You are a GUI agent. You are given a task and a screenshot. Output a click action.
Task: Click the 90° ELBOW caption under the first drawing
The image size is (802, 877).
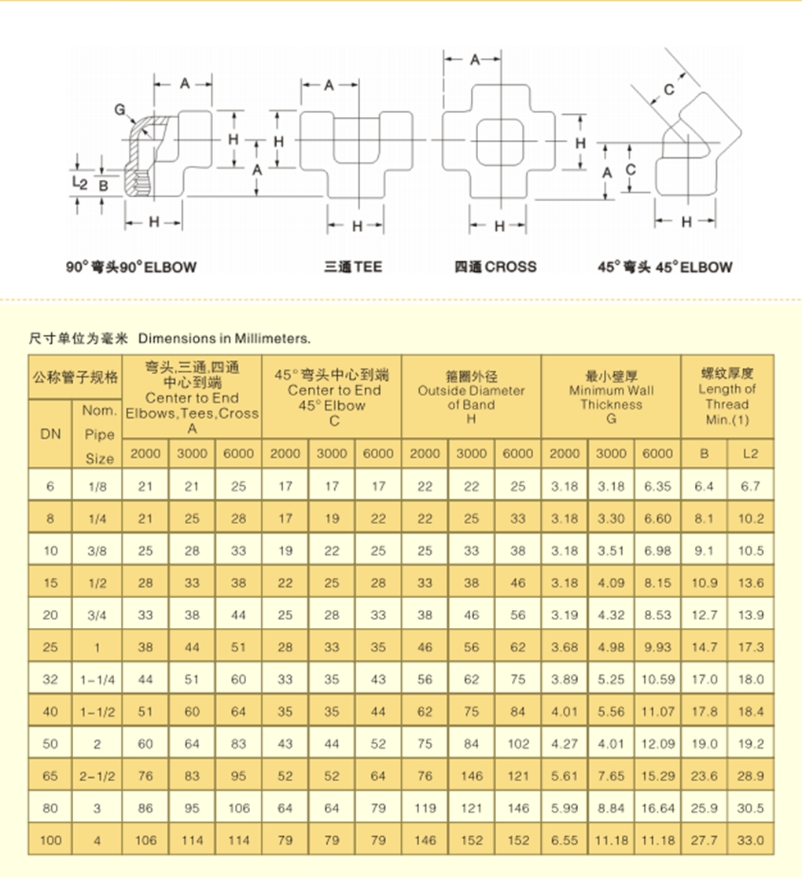pyautogui.click(x=131, y=267)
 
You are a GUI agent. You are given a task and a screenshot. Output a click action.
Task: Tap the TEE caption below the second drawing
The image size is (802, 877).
pyautogui.click(x=353, y=267)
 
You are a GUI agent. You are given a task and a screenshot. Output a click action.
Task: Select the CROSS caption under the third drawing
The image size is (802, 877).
pyautogui.click(x=495, y=267)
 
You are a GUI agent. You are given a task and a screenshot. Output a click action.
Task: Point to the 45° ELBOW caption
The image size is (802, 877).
pyautogui.click(x=664, y=267)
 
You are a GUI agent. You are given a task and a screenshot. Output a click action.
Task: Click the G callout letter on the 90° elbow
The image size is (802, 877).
pyautogui.click(x=120, y=110)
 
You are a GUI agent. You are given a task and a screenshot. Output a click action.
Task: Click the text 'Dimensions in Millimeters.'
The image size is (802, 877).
pyautogui.click(x=225, y=339)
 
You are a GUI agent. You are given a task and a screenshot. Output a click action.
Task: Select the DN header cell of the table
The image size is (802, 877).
pyautogui.click(x=51, y=433)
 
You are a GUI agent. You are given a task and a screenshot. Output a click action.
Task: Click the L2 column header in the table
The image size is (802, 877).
pyautogui.click(x=750, y=453)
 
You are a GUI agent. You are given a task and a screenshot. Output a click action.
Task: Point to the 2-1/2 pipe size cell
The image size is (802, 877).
pyautogui.click(x=97, y=776)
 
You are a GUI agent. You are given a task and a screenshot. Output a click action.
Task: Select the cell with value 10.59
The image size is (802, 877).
pyautogui.click(x=657, y=680)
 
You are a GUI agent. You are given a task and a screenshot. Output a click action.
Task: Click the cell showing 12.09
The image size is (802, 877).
pyautogui.click(x=657, y=744)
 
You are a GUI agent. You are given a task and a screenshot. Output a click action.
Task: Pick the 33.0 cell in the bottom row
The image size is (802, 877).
pyautogui.click(x=750, y=840)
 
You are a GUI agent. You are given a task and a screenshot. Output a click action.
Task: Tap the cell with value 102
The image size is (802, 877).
pyautogui.click(x=518, y=744)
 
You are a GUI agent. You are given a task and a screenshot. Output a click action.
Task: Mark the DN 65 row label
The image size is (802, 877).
pyautogui.click(x=51, y=776)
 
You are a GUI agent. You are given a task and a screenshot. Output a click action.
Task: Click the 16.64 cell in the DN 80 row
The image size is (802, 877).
pyautogui.click(x=657, y=808)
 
